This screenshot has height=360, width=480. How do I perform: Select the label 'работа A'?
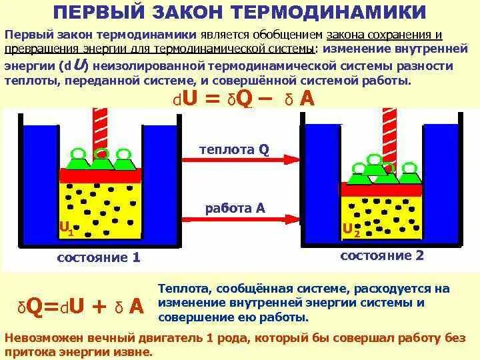pos(235,208)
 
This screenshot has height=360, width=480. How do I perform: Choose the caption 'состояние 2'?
pos(382,255)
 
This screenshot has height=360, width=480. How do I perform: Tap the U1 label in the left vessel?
pos(66,229)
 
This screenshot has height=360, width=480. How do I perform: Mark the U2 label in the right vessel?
pos(351,230)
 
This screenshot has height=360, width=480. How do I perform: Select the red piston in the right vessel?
pos(381,189)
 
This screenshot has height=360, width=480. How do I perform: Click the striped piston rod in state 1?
pos(100,127)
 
